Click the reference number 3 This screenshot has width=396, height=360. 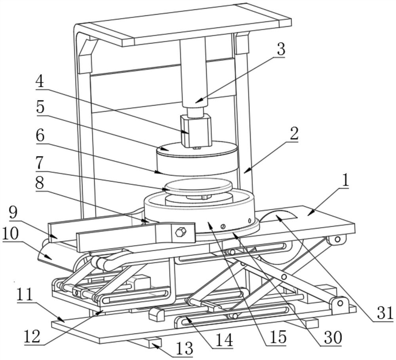point(281,49)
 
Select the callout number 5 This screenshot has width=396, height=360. point(40,107)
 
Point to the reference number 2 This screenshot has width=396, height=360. point(294,133)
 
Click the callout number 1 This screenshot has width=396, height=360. point(345,181)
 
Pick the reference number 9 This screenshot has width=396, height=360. point(13,213)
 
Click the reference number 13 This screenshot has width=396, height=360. point(185,348)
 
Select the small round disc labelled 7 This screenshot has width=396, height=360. point(198,186)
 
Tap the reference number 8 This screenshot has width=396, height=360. point(40,184)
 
